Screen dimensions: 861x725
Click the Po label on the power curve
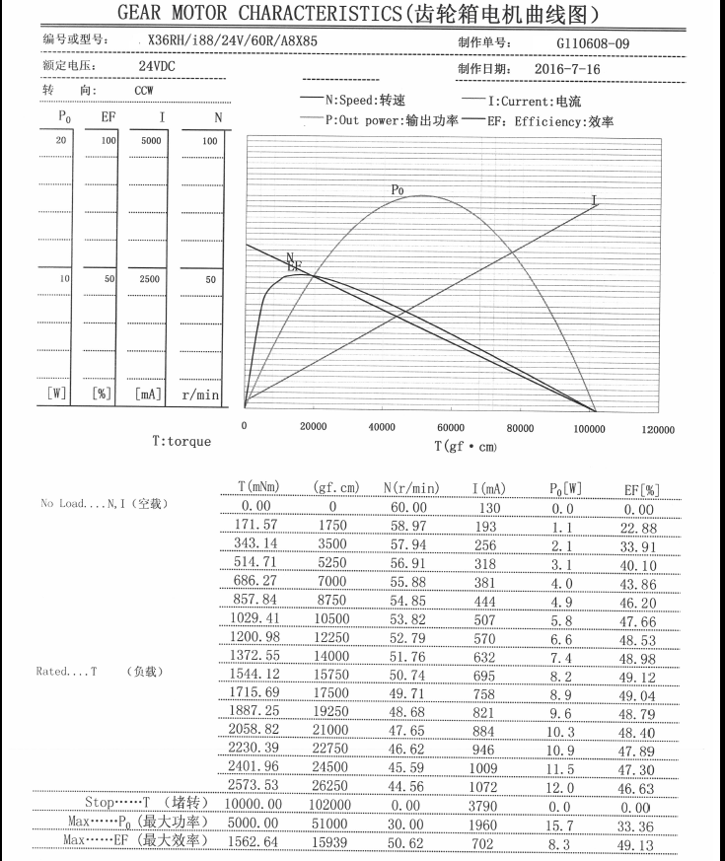[398, 189]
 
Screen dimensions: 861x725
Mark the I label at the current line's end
[594, 200]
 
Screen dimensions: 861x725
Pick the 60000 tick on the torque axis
[451, 428]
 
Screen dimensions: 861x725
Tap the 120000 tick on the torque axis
[658, 430]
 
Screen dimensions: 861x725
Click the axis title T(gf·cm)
[466, 446]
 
